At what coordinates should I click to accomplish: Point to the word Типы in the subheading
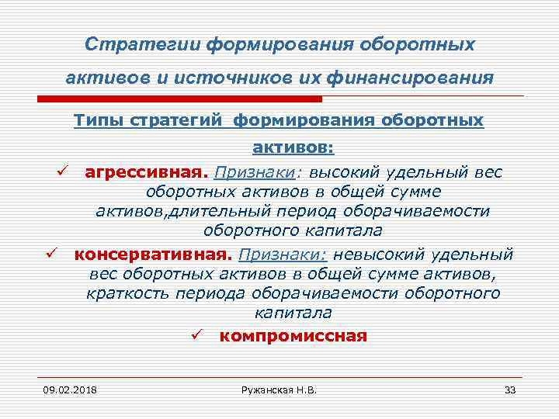[95, 121]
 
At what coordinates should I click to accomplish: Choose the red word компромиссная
[293, 336]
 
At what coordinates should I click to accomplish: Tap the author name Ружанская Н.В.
[281, 389]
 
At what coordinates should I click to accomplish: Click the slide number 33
[509, 389]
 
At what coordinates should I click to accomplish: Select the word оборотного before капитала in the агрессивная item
[249, 230]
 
